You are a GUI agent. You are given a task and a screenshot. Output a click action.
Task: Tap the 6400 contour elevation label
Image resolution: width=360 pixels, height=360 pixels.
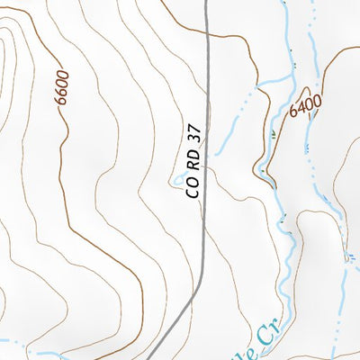coord(306,106)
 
